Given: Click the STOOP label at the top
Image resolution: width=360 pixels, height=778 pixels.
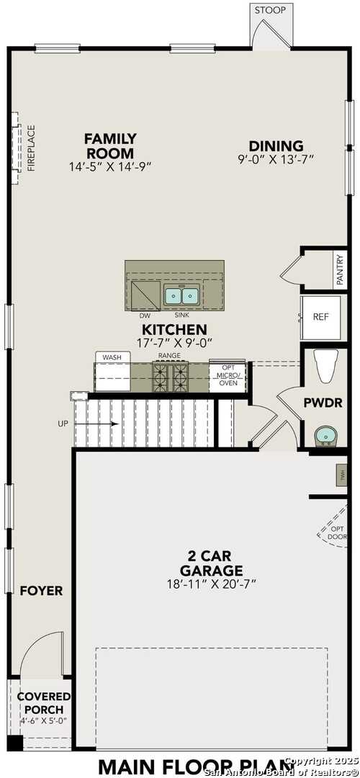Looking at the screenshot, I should coord(270,10).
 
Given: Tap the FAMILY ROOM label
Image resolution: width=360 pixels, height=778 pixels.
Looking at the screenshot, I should coord(110,146).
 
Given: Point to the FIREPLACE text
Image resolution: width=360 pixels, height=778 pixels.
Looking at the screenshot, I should coord(31,148).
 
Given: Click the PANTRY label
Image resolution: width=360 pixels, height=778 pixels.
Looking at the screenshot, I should coord(340,269).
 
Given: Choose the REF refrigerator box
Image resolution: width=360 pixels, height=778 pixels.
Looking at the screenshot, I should coord(320,318).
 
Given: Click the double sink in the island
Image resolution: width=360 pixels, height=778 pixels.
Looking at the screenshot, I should coord(181,295).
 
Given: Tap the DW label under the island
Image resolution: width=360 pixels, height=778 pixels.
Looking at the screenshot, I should coord(145,316).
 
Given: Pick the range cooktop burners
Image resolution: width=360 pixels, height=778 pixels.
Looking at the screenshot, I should coord(170,375).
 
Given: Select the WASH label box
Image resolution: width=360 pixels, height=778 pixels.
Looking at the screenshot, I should coord(112,357).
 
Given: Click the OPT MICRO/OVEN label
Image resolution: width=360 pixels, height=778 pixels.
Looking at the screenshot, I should coord(228,372).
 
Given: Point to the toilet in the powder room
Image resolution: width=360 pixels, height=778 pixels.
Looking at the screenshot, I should coord(326,365).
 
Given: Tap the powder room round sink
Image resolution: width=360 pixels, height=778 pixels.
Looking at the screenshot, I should coord(325,435).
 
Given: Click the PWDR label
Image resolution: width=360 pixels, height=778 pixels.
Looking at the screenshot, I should coord(323,403).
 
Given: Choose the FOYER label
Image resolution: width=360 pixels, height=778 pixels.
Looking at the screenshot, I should coord(41,591).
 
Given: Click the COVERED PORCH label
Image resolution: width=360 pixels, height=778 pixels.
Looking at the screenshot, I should coord(44,703).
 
